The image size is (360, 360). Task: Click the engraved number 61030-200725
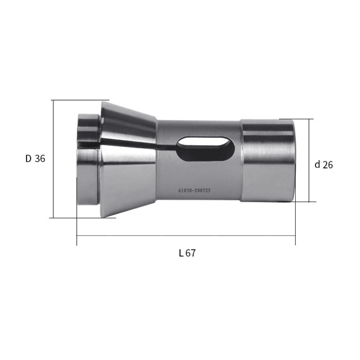(x=194, y=190)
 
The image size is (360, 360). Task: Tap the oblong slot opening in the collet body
(x=205, y=149)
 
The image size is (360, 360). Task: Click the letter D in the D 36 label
(x=28, y=158)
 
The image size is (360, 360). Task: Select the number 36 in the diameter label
(x=40, y=158)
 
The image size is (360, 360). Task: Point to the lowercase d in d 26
(x=317, y=164)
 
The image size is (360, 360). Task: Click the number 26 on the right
(x=328, y=165)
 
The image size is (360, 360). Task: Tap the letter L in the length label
(x=181, y=253)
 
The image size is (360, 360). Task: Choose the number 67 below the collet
(x=191, y=253)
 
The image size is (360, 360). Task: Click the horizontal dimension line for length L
(x=186, y=235)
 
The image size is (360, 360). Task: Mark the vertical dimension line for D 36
(x=53, y=159)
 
